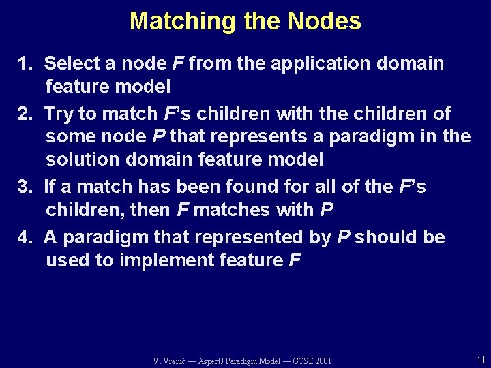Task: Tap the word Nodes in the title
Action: pos(324,21)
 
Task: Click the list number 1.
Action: pos(25,64)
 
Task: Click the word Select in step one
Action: pos(72,64)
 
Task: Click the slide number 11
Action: pos(481,359)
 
